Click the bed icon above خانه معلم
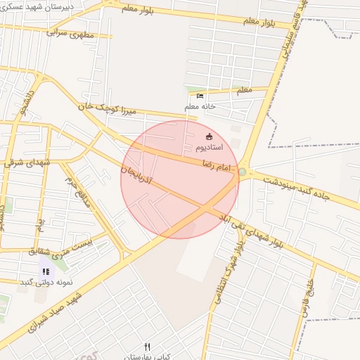(200, 96)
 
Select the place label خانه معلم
(199, 106)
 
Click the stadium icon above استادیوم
(208, 136)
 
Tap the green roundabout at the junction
(243, 172)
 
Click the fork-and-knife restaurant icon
(147, 346)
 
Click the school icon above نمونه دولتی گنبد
(46, 271)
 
